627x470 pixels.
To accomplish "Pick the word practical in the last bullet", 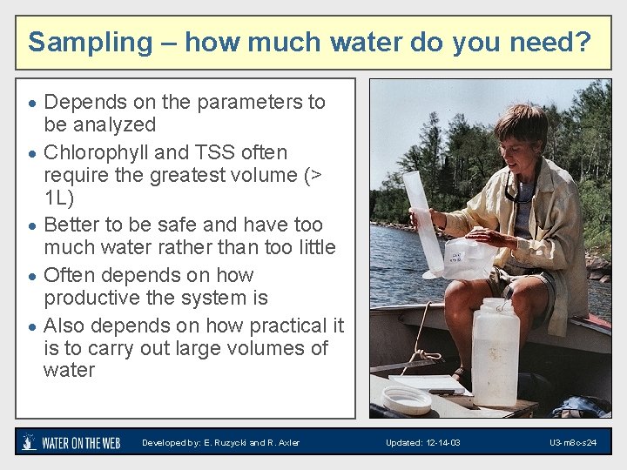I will tap(288, 326).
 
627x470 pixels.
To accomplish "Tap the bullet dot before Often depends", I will tap(31, 277).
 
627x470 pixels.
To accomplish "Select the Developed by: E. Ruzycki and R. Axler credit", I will tap(221, 443).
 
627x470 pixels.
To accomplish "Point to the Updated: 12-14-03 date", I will tap(423, 443).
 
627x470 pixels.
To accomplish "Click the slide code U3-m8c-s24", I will tap(572, 443).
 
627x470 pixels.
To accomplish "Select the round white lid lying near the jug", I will tap(407, 399).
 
